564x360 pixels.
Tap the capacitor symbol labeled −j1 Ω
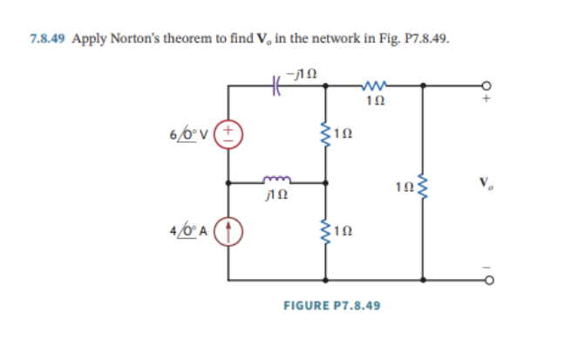pos(276,85)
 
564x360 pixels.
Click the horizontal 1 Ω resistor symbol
pos(374,85)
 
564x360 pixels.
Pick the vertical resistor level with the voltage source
pos(327,133)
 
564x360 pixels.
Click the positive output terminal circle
pos(488,85)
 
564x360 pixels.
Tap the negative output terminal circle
pos(488,282)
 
